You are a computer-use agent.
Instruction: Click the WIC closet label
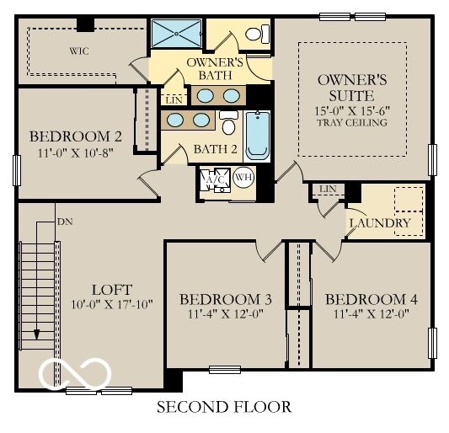pyautogui.click(x=79, y=51)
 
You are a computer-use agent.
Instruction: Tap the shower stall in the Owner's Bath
pyautogui.click(x=176, y=34)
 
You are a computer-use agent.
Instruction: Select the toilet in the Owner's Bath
pyautogui.click(x=257, y=34)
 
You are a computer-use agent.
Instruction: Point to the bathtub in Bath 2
pyautogui.click(x=258, y=136)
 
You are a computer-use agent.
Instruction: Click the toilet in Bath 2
pyautogui.click(x=228, y=122)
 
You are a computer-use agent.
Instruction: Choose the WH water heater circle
pyautogui.click(x=243, y=178)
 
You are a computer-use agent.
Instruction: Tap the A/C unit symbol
pyautogui.click(x=216, y=179)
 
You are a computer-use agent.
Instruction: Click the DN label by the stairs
pyautogui.click(x=65, y=222)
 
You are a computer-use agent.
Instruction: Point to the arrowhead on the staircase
pyautogui.click(x=37, y=334)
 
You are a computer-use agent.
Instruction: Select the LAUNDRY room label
pyautogui.click(x=380, y=223)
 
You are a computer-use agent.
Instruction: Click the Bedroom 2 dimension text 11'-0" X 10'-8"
pyautogui.click(x=76, y=152)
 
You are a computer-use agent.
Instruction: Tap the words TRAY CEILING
pyautogui.click(x=352, y=122)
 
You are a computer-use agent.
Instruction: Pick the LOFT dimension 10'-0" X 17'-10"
pyautogui.click(x=112, y=304)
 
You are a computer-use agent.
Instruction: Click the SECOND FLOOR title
pyautogui.click(x=224, y=407)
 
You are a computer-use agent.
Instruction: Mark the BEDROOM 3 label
pyautogui.click(x=226, y=299)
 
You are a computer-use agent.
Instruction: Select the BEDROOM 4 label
pyautogui.click(x=371, y=299)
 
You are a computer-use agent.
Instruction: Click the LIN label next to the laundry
pyautogui.click(x=328, y=189)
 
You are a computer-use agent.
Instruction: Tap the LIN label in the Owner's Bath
pyautogui.click(x=174, y=100)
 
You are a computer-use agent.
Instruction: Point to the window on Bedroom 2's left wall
pyautogui.click(x=17, y=170)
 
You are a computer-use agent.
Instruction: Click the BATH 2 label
pyautogui.click(x=216, y=149)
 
